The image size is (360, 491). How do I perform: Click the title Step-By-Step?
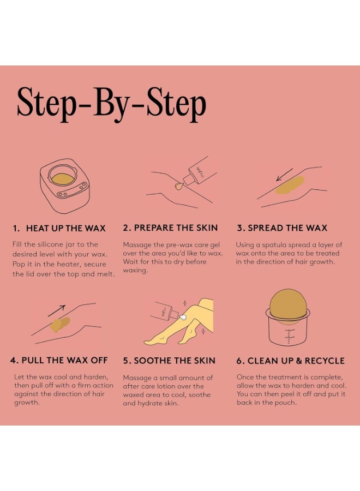tap(111, 103)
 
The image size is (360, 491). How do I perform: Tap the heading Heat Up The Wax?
tap(59, 228)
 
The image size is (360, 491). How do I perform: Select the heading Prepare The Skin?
tap(170, 227)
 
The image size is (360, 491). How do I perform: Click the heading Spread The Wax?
tap(282, 227)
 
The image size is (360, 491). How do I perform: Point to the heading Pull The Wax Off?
tap(59, 360)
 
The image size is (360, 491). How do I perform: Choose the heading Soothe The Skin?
tap(169, 361)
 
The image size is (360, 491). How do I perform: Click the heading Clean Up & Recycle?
tap(290, 361)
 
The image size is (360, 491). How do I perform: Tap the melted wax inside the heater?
tap(63, 179)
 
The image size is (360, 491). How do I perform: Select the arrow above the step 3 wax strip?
tap(285, 175)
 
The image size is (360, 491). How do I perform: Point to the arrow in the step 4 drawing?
tap(57, 310)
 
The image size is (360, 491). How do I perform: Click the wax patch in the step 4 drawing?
tap(60, 325)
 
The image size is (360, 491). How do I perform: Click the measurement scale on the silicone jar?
tap(289, 337)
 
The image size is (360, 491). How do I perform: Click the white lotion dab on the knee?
tap(183, 318)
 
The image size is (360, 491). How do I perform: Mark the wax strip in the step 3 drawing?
tap(290, 185)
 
